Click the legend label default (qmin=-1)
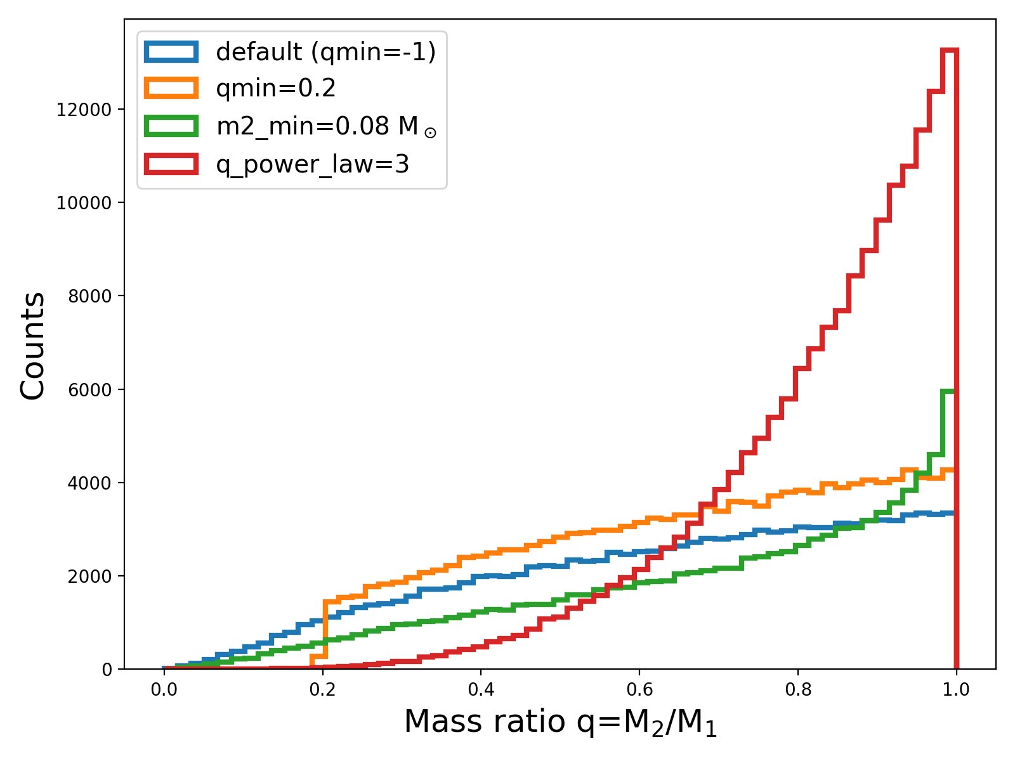pyautogui.click(x=325, y=52)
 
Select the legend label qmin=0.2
pyautogui.click(x=276, y=89)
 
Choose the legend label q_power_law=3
pyautogui.click(x=312, y=164)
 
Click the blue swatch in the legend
pyautogui.click(x=171, y=52)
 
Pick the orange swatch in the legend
pyautogui.click(x=171, y=89)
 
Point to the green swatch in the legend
pyautogui.click(x=171, y=126)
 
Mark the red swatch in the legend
pyautogui.click(x=171, y=164)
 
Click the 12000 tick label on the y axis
pyautogui.click(x=84, y=110)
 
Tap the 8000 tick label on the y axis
pyautogui.click(x=88, y=296)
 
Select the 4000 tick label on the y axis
pyautogui.click(x=88, y=483)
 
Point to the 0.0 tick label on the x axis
pyautogui.click(x=164, y=689)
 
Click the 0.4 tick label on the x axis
pyautogui.click(x=481, y=689)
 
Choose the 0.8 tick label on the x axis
pyautogui.click(x=798, y=689)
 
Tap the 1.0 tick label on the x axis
pyautogui.click(x=956, y=689)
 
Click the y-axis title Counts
pyautogui.click(x=33, y=346)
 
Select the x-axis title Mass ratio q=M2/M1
pyautogui.click(x=560, y=723)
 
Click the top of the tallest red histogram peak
pyautogui.click(x=950, y=49)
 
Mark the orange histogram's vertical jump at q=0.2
pyautogui.click(x=325, y=628)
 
